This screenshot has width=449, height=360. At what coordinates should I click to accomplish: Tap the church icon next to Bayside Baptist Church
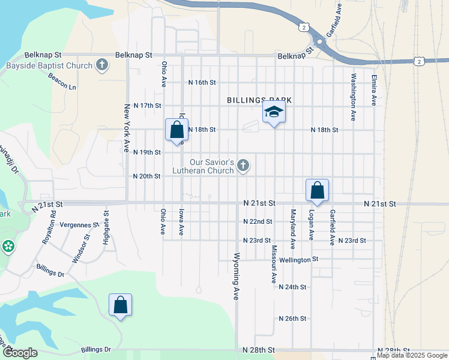tap(102, 65)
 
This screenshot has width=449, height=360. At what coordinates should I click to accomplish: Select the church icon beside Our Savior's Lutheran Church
tap(243, 164)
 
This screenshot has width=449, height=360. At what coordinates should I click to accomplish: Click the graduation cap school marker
tap(274, 112)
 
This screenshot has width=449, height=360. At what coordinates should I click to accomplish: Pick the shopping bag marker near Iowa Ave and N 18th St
tap(176, 129)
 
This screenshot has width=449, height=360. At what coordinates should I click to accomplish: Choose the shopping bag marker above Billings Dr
tap(120, 304)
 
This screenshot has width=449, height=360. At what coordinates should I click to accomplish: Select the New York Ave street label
tap(127, 128)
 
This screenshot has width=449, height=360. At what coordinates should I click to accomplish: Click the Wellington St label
tap(298, 260)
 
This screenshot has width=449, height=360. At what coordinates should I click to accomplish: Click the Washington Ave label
tap(354, 90)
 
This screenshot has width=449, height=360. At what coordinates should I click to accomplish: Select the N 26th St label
tap(293, 318)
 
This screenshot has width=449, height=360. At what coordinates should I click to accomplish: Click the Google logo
tap(20, 353)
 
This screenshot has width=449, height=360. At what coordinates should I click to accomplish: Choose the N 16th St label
tap(202, 82)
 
